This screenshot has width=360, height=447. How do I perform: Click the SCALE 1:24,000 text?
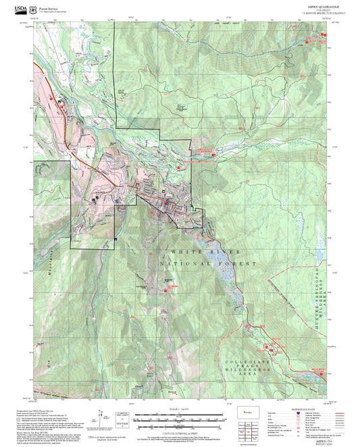(x=180, y=410)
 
